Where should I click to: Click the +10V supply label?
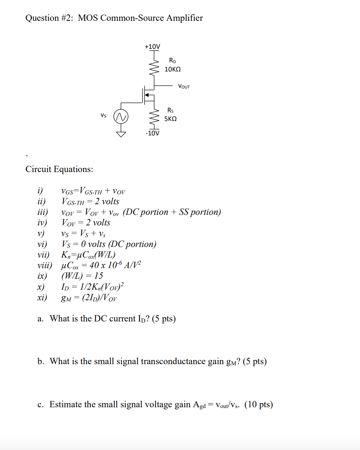point(152,47)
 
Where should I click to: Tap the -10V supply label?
point(152,133)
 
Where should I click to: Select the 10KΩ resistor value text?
point(172,70)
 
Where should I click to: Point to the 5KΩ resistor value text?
point(171,119)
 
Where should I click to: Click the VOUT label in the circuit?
point(184,87)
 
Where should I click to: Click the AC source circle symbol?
point(122,117)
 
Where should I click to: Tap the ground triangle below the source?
point(122,134)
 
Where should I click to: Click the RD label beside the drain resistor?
point(172,61)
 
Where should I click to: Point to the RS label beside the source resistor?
point(171,110)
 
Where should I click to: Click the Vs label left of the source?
point(103,115)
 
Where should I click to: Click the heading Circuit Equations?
point(59,169)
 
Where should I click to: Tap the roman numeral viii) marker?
point(45,265)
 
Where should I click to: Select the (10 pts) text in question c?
point(259,405)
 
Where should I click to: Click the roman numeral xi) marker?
point(42,297)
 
